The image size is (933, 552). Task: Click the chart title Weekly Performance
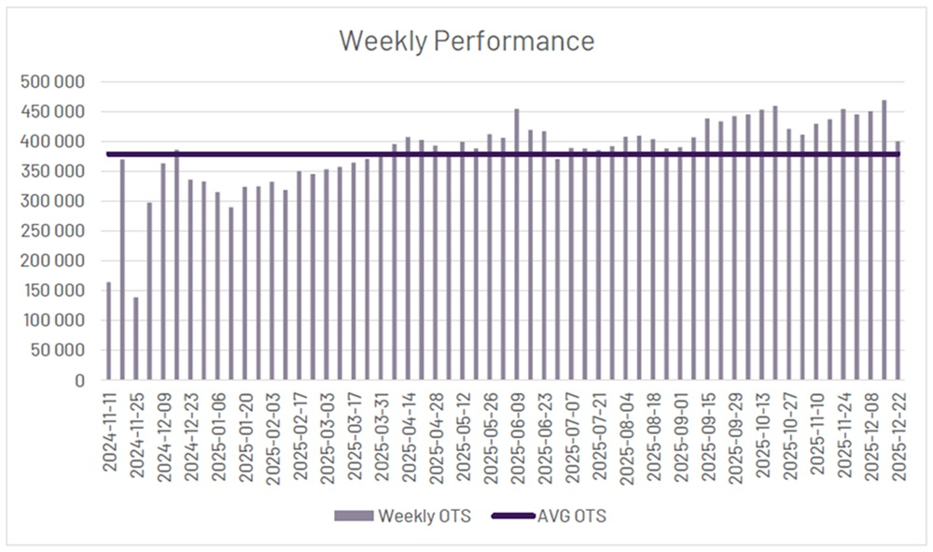tap(466, 41)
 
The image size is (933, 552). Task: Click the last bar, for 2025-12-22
tap(898, 262)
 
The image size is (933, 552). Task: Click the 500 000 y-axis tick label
tap(53, 82)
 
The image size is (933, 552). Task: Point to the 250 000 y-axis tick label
tap(53, 232)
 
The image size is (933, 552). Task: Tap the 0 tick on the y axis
tap(78, 381)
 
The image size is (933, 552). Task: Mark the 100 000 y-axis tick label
tap(53, 321)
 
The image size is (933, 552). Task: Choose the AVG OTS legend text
tap(575, 516)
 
